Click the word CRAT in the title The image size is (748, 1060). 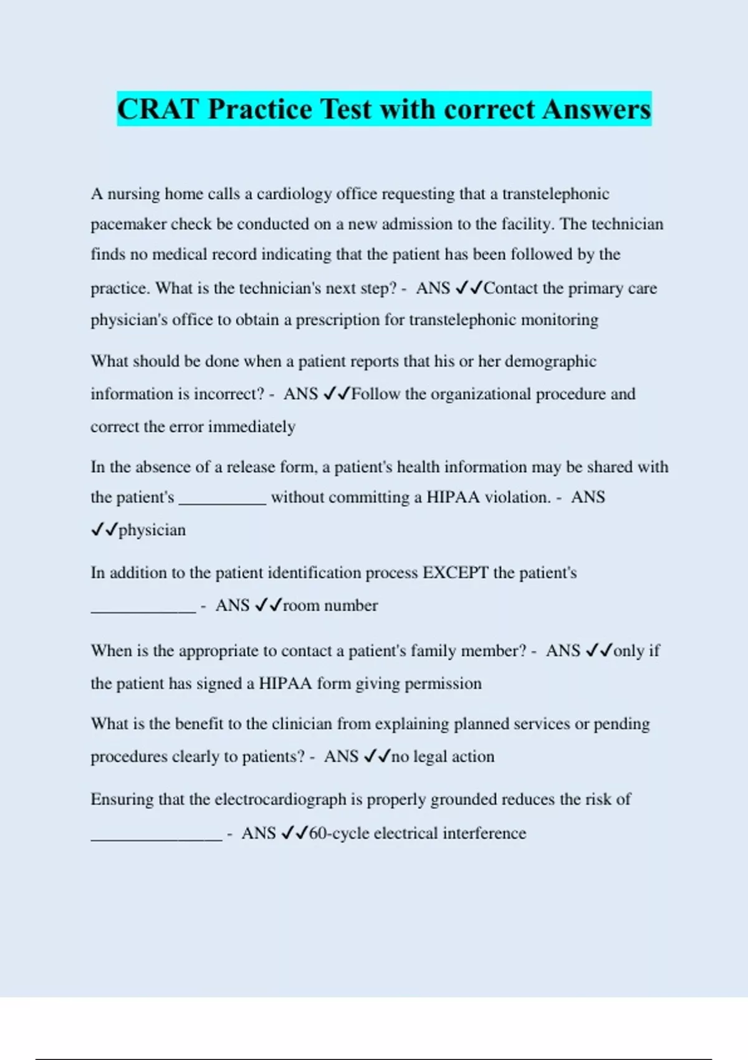[x=158, y=109]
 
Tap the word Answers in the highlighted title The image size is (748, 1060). [x=597, y=109]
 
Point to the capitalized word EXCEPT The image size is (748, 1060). [x=456, y=572]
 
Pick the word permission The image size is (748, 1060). [x=443, y=683]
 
